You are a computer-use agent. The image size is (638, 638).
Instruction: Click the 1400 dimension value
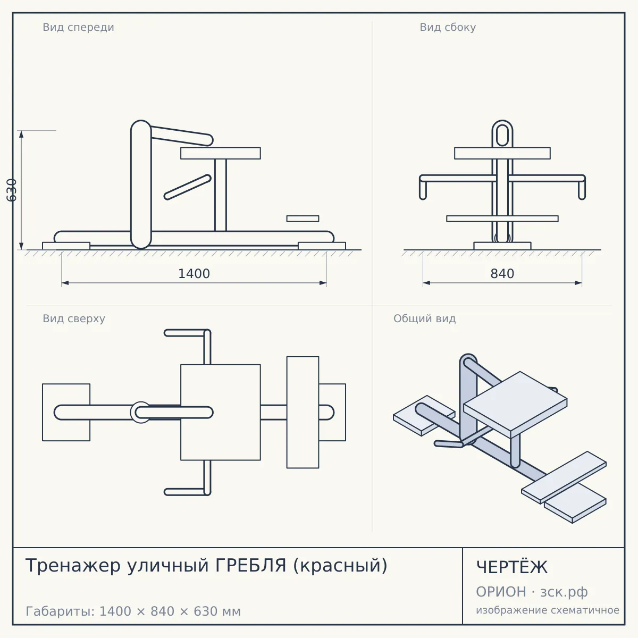[x=194, y=274]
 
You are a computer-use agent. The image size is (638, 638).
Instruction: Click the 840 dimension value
[x=502, y=274]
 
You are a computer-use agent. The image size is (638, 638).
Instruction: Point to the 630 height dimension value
[x=12, y=190]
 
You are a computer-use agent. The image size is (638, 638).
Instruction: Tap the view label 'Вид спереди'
[x=79, y=27]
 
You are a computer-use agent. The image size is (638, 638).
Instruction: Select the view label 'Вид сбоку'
[x=448, y=27]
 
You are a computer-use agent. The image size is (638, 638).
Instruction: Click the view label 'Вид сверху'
[x=74, y=318]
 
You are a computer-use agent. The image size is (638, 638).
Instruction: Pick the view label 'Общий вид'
[x=424, y=318]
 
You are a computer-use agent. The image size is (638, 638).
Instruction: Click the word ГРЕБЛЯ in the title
[x=250, y=566]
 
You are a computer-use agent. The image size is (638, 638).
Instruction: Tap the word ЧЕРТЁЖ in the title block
[x=512, y=567]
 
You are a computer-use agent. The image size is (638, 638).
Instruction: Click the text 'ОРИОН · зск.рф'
[x=532, y=592]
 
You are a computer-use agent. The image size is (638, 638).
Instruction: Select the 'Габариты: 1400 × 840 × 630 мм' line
[x=133, y=611]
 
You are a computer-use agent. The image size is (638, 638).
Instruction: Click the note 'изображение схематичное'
[x=548, y=610]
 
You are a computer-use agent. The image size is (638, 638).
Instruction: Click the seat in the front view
[x=221, y=153]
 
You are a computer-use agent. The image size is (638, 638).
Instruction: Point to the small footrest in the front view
[x=303, y=219]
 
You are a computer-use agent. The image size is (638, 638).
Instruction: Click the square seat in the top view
[x=221, y=412]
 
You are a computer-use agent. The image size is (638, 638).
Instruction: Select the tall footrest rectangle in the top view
[x=303, y=412]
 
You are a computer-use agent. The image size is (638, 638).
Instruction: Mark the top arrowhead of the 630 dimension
[x=21, y=134]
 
